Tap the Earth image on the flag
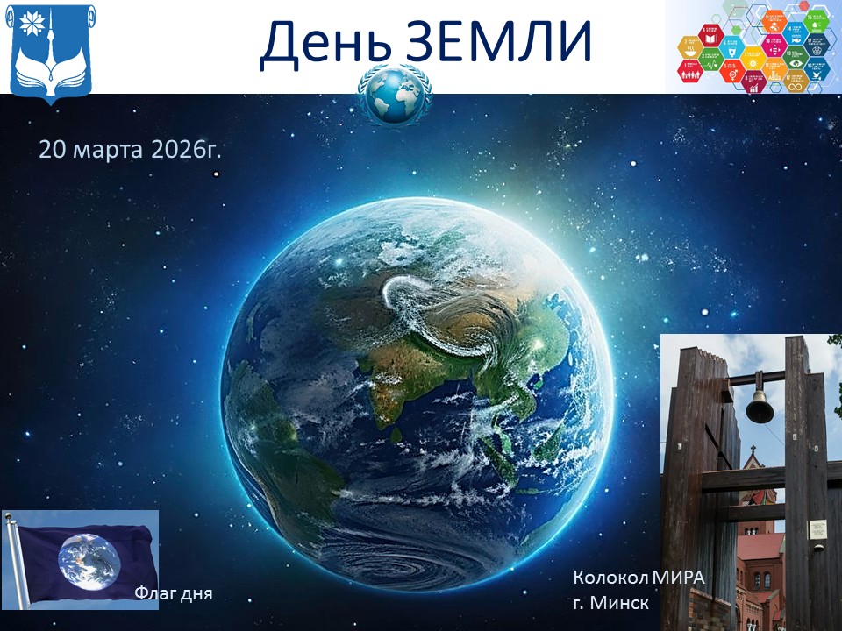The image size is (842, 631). pos(88,557)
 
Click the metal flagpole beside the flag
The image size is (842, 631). pos(18,561)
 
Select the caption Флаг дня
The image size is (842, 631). pos(174,593)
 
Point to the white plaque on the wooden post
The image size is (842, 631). pos(817,528)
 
